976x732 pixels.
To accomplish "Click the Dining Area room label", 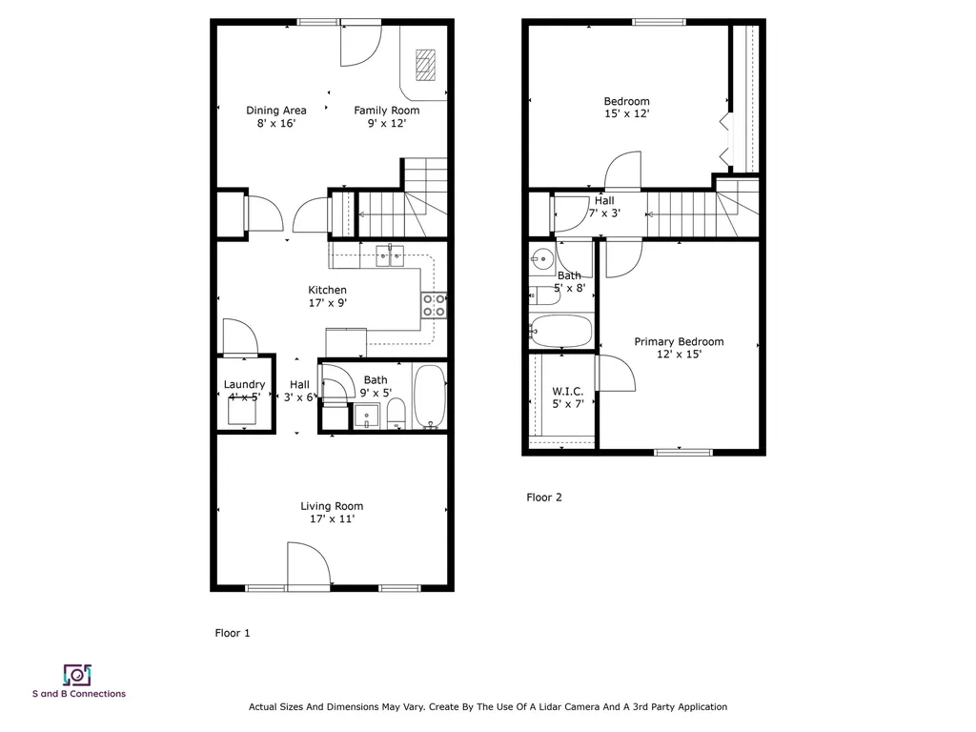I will click(x=276, y=111).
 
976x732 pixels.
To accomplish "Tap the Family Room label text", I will click(x=386, y=111).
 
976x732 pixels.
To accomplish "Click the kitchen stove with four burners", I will click(x=434, y=304).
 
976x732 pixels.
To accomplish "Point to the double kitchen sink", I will click(x=390, y=254).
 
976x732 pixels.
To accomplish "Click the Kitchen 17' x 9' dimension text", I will click(x=327, y=303).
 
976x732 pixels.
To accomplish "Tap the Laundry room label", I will click(x=244, y=385).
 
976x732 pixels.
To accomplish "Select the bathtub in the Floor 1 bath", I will click(x=429, y=396).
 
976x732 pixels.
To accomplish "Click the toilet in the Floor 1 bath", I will click(x=396, y=415).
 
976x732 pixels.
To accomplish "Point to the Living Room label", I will click(x=332, y=506).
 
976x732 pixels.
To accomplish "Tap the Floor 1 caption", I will click(x=233, y=632).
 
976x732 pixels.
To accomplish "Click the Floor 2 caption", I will click(x=544, y=497).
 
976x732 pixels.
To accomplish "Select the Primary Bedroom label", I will click(x=679, y=342).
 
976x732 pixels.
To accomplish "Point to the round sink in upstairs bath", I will click(x=542, y=257).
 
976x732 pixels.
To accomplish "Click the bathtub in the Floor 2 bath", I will click(x=561, y=331).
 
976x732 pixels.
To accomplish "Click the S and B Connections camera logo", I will click(x=77, y=675).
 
